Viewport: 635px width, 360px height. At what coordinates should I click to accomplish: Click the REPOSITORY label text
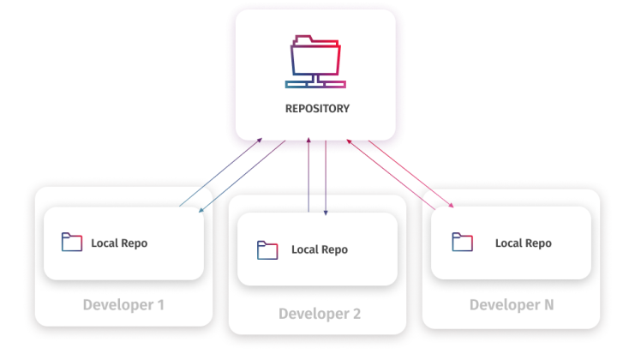(317, 109)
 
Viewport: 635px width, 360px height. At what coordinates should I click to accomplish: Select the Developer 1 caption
(123, 305)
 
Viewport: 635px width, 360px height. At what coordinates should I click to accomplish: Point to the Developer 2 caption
(320, 314)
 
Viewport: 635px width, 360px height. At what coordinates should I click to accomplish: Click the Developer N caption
(512, 305)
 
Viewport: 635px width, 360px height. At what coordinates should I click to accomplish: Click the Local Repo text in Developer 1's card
(119, 243)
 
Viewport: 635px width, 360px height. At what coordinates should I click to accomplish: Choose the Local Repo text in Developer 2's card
(319, 250)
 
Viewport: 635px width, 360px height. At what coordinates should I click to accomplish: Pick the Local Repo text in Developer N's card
(523, 243)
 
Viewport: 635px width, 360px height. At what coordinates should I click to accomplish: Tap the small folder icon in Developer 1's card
(72, 243)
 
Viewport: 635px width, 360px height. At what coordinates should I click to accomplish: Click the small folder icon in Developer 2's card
(267, 250)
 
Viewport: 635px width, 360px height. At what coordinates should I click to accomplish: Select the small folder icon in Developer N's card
(463, 243)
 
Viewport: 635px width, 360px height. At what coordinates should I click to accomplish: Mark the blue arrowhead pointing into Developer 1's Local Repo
(201, 211)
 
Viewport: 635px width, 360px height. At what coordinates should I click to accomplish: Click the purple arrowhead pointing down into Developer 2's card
(325, 213)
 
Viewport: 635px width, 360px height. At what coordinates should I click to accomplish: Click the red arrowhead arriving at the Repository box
(350, 141)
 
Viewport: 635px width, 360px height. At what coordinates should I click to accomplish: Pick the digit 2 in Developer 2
(356, 314)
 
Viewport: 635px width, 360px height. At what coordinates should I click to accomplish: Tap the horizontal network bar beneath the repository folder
(316, 84)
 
